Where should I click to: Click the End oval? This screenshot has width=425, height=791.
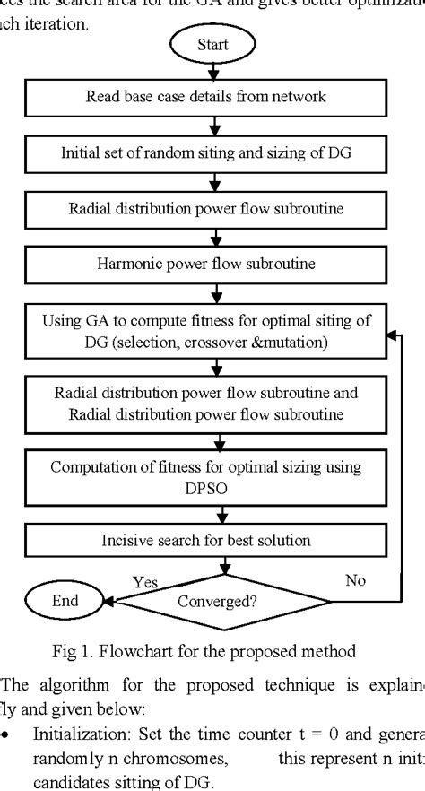[64, 601]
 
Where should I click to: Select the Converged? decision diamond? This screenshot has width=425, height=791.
[217, 601]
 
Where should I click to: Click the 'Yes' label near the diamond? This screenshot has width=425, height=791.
[146, 582]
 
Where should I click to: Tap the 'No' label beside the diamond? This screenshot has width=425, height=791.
[355, 580]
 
